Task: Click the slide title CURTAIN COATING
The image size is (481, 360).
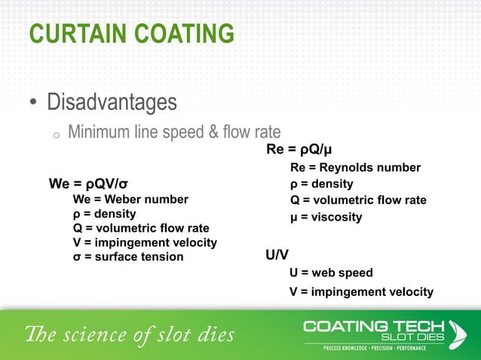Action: (131, 34)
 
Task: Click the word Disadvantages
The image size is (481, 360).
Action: (112, 101)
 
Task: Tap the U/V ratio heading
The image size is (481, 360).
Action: (277, 255)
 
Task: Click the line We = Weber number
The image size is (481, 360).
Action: (130, 199)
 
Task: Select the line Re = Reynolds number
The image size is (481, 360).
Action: (355, 167)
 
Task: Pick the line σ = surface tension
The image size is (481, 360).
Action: (127, 257)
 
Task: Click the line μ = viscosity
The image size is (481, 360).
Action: (326, 217)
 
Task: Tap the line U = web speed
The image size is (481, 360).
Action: (331, 273)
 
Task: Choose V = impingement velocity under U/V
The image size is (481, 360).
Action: (361, 291)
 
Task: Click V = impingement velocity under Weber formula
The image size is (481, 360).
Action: (145, 243)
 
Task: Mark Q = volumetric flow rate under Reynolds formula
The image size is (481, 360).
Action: (358, 200)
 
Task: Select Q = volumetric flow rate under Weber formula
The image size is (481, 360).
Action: (141, 228)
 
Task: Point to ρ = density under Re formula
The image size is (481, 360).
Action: (322, 184)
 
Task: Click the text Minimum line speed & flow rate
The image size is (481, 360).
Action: (174, 133)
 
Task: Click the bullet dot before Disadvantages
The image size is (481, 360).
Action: (33, 102)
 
